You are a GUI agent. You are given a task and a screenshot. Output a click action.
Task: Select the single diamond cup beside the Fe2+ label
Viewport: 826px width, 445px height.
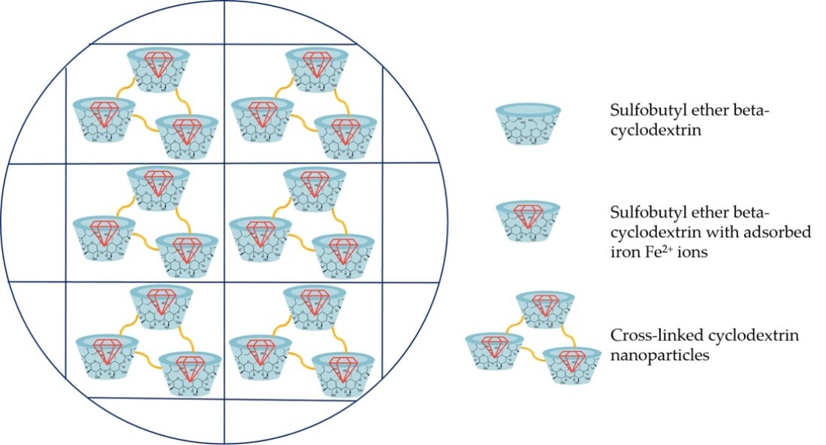[529, 222]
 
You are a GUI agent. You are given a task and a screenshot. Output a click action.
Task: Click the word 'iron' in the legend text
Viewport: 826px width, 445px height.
[623, 253]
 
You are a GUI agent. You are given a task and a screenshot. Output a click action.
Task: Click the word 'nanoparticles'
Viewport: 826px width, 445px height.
[659, 355]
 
